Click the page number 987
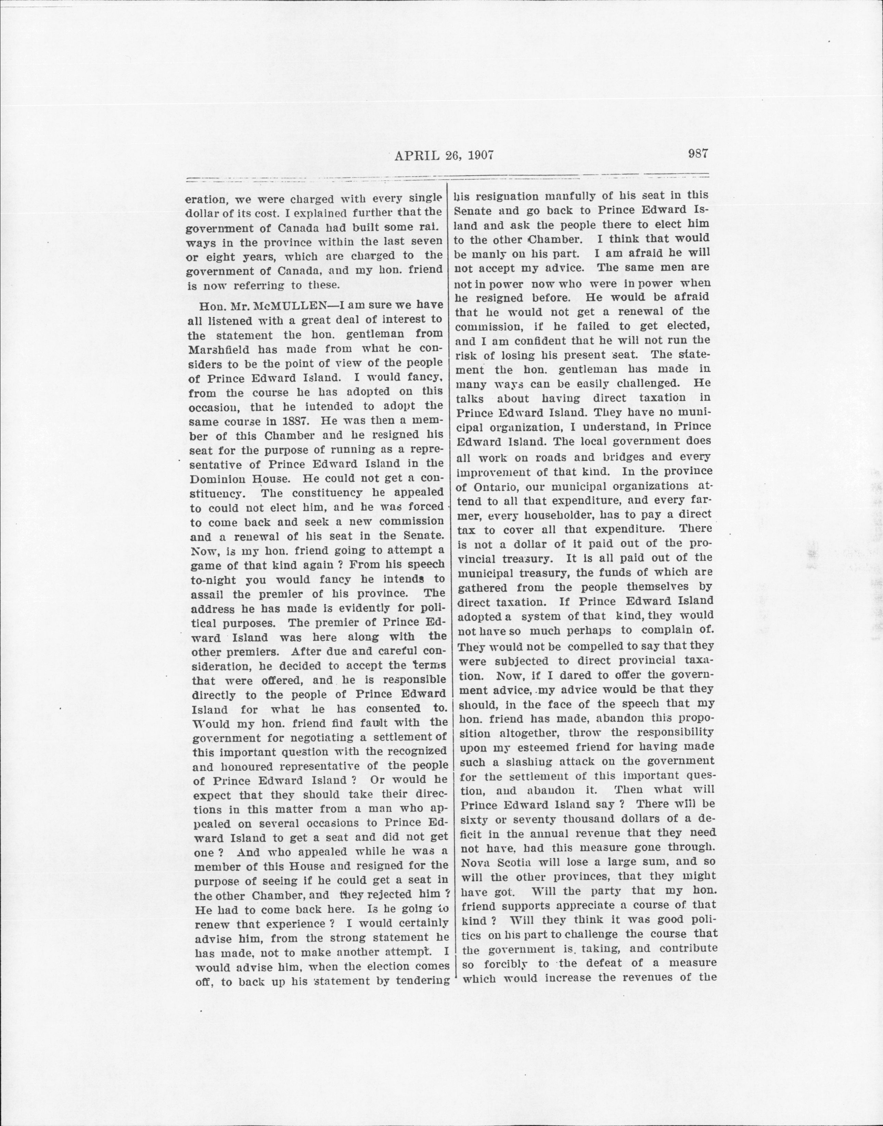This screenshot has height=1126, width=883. click(x=698, y=154)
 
